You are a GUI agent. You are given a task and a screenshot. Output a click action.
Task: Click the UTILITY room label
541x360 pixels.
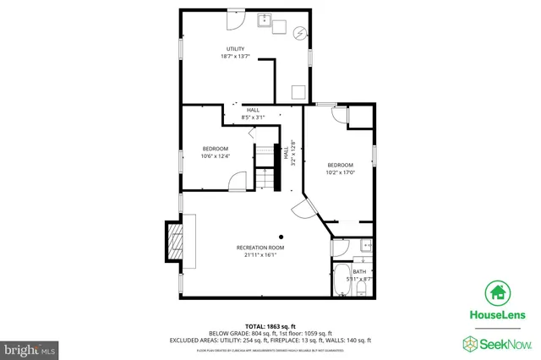click(x=234, y=48)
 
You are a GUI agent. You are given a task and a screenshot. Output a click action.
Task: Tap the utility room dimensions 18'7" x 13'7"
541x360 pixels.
click(x=234, y=57)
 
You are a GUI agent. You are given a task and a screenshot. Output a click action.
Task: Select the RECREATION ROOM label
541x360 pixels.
click(x=260, y=248)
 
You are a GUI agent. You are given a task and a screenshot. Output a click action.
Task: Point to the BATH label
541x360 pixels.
click(x=359, y=271)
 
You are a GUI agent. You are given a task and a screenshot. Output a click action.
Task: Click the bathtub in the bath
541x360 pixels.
click(x=342, y=280)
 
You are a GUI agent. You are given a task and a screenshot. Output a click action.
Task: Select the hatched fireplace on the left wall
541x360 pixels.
click(x=174, y=243)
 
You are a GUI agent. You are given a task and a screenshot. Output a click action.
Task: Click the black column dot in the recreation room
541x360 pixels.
click(x=283, y=237)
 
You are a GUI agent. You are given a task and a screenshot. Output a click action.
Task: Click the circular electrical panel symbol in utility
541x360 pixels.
click(x=299, y=33)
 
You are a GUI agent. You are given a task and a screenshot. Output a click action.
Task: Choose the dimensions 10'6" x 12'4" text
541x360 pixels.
click(x=216, y=156)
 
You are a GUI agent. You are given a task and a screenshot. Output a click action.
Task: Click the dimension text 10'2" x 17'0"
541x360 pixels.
click(x=341, y=172)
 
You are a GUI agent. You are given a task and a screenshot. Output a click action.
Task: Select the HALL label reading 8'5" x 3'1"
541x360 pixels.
click(x=253, y=113)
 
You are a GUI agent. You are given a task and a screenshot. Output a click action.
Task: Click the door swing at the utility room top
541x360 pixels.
click(x=237, y=17)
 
